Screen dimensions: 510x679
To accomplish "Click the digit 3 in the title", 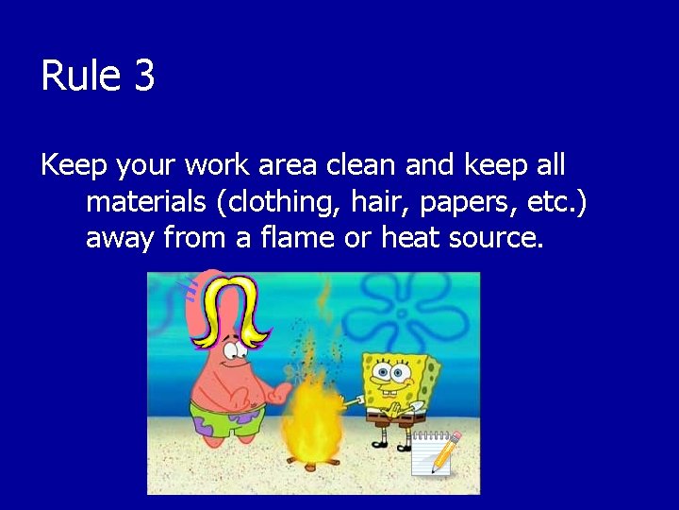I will (x=143, y=76).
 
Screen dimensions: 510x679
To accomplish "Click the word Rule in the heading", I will (x=81, y=76).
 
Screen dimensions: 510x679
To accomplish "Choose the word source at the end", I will (x=495, y=237).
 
